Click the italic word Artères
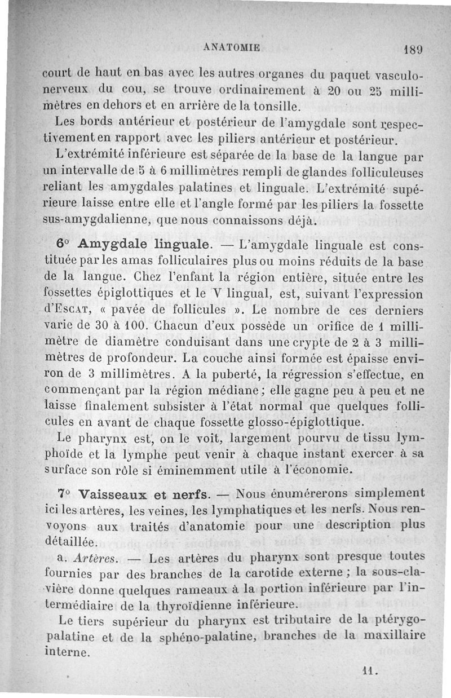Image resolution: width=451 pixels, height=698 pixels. click(x=94, y=559)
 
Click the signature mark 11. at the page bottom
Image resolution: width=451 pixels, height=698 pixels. click(x=369, y=671)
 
